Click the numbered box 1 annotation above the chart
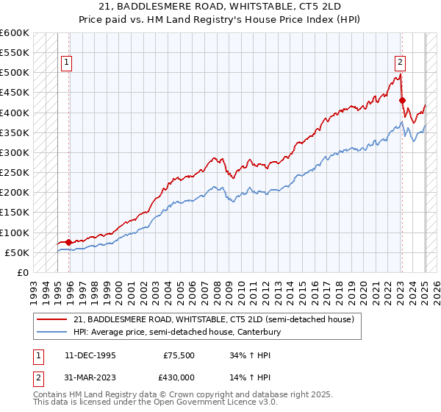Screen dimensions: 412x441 click(66, 63)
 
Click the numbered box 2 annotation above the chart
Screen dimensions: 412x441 click(401, 63)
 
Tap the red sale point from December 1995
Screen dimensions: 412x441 click(68, 242)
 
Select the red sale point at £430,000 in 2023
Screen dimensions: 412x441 click(402, 100)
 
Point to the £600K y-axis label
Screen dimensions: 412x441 click(14, 33)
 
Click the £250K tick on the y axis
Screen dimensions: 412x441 click(14, 172)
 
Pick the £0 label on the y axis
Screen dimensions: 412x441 click(22, 272)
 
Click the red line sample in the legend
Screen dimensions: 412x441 click(52, 319)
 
